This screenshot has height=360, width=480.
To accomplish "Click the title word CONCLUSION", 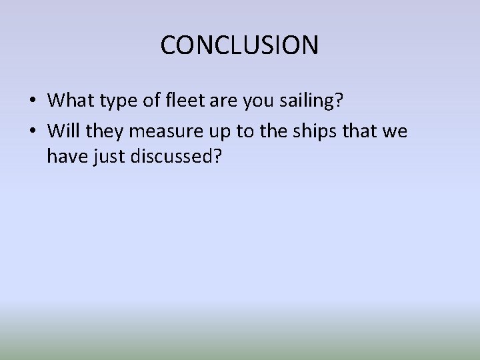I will tap(239, 45).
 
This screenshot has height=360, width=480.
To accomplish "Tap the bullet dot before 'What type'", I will tap(32, 101).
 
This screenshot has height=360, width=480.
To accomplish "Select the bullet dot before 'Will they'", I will tap(32, 132).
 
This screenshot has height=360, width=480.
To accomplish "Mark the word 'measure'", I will tap(169, 132).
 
